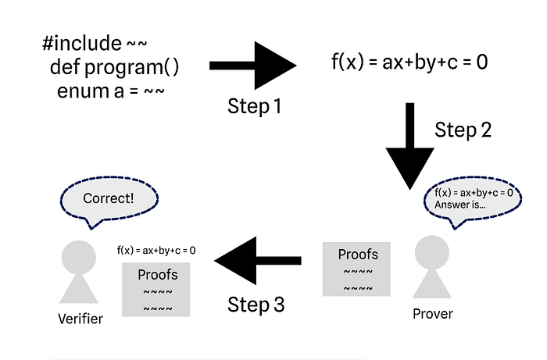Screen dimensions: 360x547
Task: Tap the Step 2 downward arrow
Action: tap(409, 148)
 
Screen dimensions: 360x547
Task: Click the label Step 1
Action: tap(254, 105)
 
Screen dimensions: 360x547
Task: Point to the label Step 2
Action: tap(463, 130)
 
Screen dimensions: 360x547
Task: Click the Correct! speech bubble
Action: tap(109, 200)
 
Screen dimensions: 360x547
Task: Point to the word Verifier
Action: tap(80, 318)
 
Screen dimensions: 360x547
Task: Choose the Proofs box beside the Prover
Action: tap(358, 269)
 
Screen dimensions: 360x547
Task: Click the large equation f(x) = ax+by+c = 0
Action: tap(409, 62)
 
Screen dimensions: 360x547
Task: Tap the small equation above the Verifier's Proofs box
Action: tap(156, 251)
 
